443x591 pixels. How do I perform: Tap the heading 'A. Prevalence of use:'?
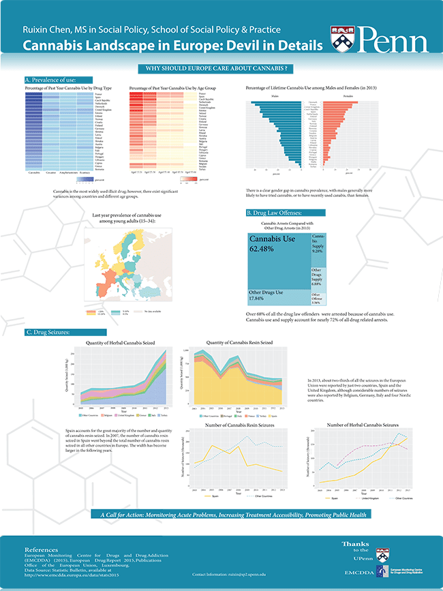tap(49, 80)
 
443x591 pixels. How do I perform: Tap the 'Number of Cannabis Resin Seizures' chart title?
tap(234, 425)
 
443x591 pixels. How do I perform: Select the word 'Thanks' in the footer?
tap(355, 543)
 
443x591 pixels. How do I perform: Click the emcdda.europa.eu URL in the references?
tap(75, 573)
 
